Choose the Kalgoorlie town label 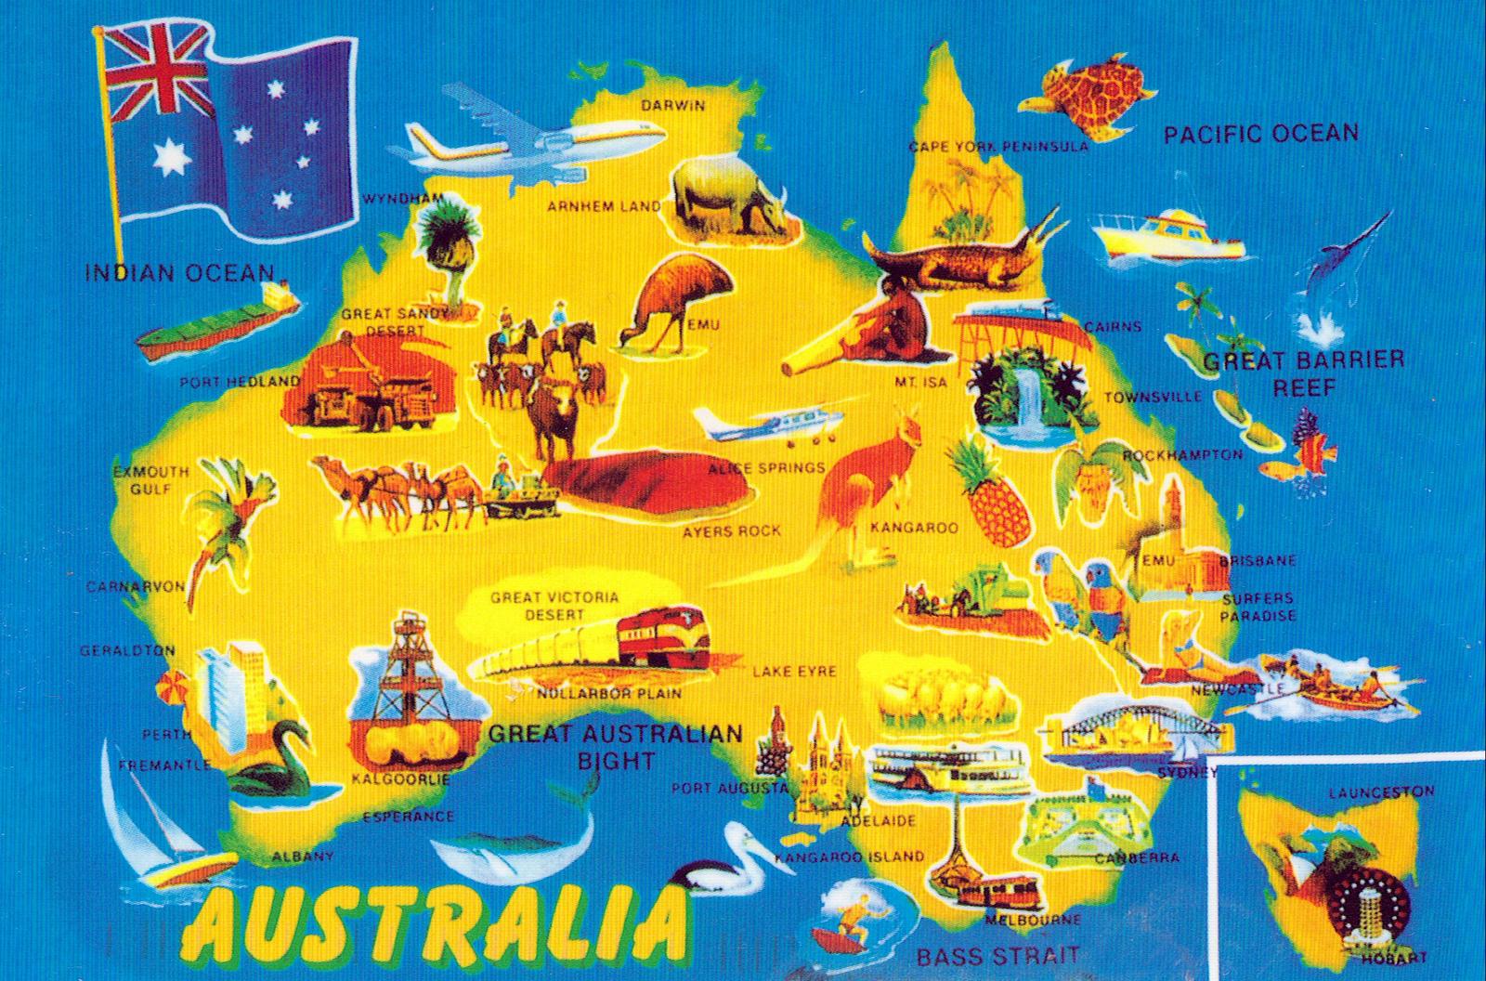(x=401, y=779)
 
